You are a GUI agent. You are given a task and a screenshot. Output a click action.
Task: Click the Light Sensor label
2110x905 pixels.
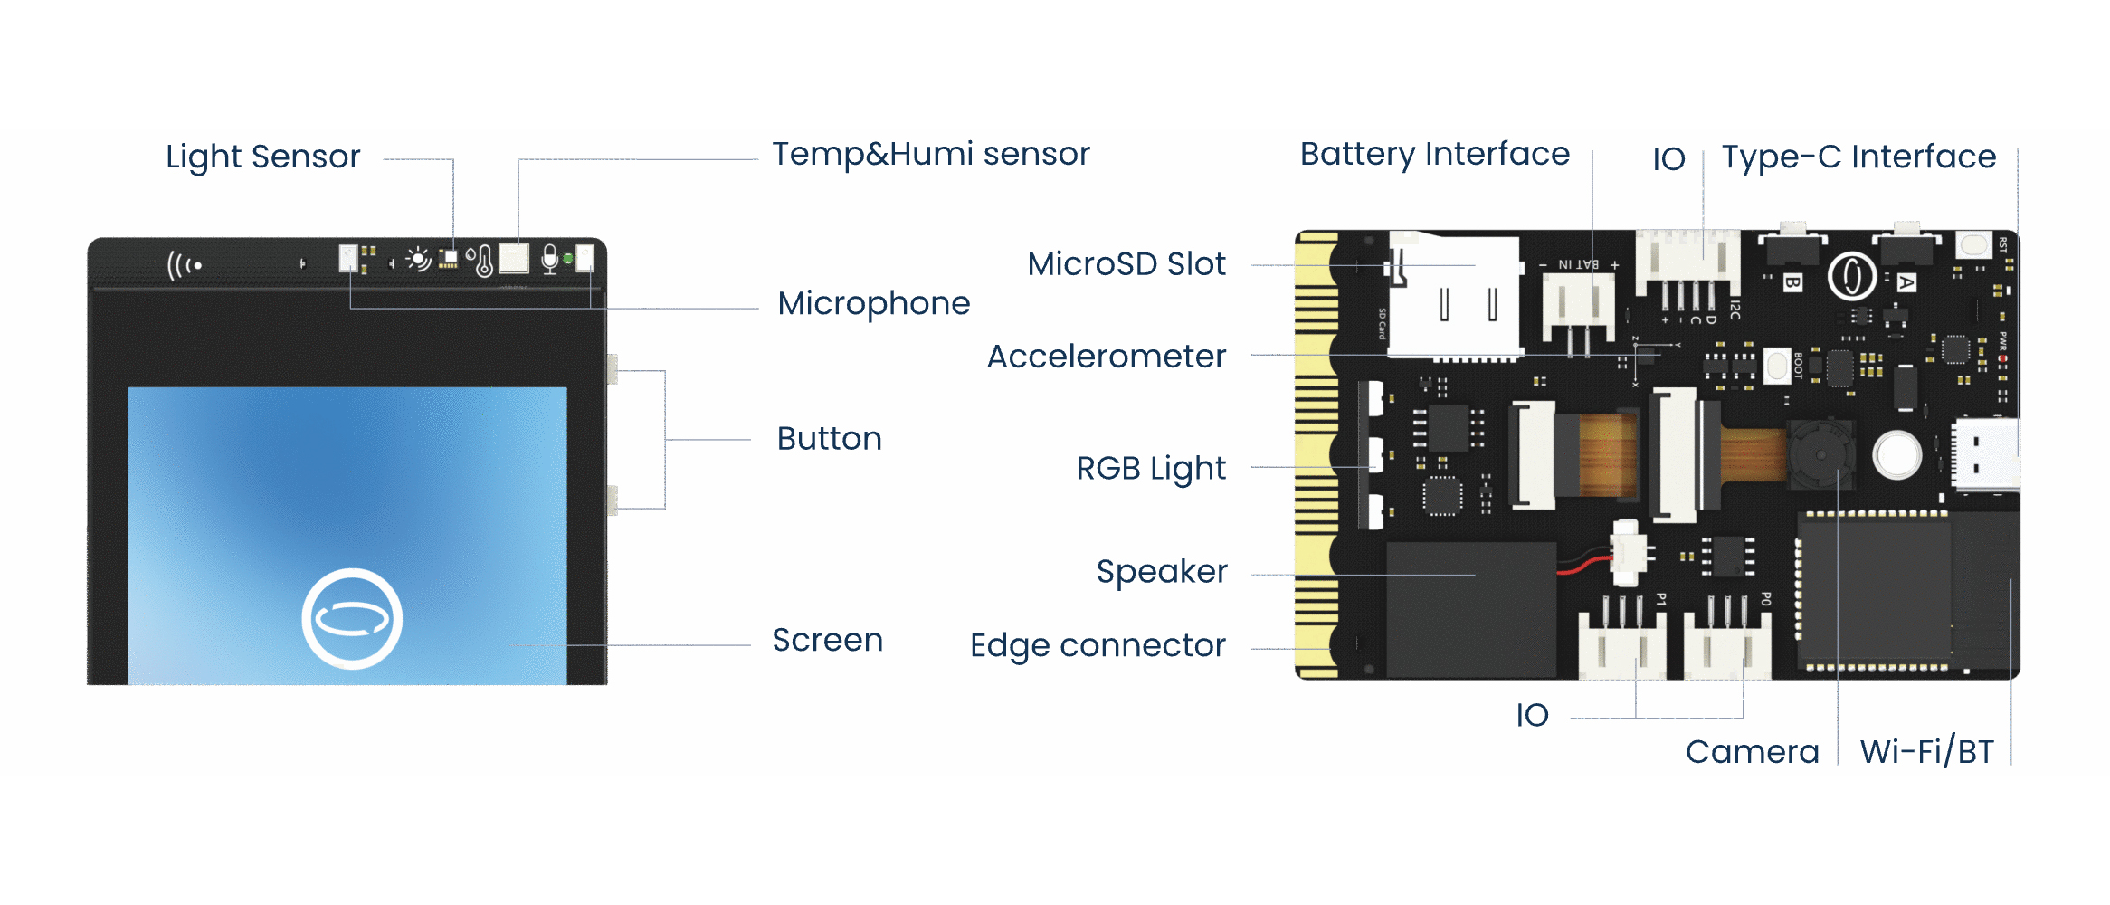(x=262, y=157)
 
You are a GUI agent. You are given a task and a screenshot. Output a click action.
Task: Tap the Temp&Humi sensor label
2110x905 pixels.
(x=930, y=155)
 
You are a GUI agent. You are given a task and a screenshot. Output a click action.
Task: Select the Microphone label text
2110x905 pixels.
(x=873, y=304)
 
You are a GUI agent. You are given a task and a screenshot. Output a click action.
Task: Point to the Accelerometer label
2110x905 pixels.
(x=1106, y=357)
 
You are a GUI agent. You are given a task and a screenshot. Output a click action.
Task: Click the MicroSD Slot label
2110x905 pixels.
(x=1126, y=264)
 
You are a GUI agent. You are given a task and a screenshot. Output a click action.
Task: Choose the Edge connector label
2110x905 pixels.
(x=1097, y=646)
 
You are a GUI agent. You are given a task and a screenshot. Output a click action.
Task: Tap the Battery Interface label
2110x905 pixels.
(x=1434, y=155)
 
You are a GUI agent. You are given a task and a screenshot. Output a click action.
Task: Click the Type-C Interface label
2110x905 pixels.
(x=1858, y=157)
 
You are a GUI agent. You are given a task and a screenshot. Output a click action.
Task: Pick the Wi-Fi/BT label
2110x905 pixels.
(x=1926, y=752)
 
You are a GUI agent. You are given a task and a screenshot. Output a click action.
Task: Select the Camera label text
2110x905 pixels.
(x=1752, y=752)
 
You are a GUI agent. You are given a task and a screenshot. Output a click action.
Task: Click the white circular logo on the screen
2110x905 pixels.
(x=352, y=619)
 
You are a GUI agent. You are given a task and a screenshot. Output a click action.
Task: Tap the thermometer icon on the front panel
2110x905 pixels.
(x=484, y=262)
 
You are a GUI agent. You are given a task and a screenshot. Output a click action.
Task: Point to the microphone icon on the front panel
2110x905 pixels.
(x=549, y=260)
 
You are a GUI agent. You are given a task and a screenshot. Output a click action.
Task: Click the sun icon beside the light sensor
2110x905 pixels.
(x=418, y=260)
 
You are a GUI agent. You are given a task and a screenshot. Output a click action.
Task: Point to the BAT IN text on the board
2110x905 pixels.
(x=1578, y=264)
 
